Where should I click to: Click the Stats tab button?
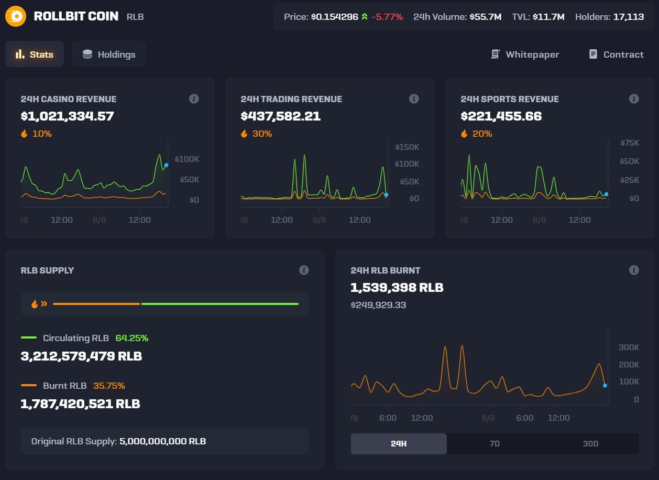(x=35, y=54)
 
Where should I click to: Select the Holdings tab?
(x=108, y=54)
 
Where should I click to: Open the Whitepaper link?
(x=525, y=54)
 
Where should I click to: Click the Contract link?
(x=616, y=54)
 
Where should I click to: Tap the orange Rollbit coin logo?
(x=16, y=16)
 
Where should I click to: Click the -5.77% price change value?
(x=387, y=17)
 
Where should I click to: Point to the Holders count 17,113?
(x=628, y=17)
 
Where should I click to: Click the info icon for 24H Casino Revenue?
(x=194, y=99)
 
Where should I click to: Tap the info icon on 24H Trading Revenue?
(x=414, y=99)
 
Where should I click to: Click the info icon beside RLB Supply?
(x=304, y=270)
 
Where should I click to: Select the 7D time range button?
(x=495, y=443)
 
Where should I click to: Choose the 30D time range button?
(x=590, y=443)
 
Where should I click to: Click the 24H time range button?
(x=399, y=443)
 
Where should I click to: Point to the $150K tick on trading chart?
(x=407, y=147)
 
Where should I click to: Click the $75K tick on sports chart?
(x=629, y=143)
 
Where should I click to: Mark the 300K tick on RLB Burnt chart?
(x=629, y=347)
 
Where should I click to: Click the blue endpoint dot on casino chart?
(x=166, y=165)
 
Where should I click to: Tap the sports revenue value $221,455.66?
(x=501, y=116)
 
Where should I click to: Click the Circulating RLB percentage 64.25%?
(x=131, y=338)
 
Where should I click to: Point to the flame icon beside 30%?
(x=244, y=134)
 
